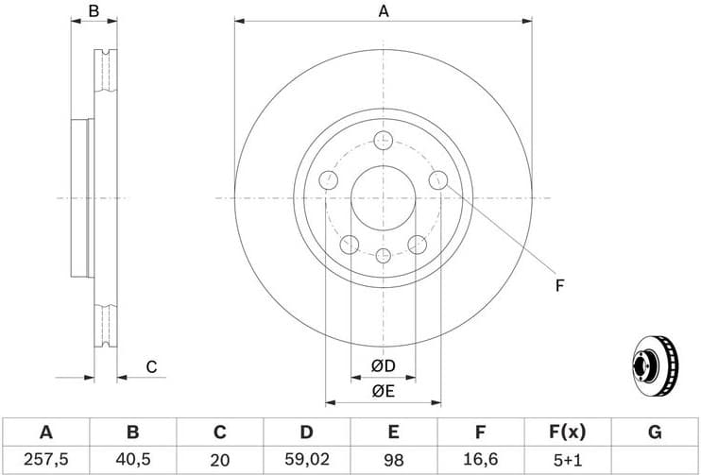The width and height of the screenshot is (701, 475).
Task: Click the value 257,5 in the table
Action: [x=45, y=460]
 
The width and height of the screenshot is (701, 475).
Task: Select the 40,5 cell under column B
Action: [x=132, y=460]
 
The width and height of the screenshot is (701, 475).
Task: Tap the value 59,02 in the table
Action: [x=306, y=460]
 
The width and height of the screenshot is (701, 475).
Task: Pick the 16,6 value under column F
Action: [x=480, y=460]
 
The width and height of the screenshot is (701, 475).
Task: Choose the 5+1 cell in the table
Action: [x=567, y=460]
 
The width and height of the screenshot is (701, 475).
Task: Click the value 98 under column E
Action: [x=393, y=460]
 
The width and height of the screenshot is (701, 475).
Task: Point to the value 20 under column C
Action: [x=219, y=460]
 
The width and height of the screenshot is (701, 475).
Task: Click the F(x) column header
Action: [x=567, y=433]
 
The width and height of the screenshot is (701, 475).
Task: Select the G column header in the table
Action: [x=654, y=433]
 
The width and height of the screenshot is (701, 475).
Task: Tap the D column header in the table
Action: [x=306, y=433]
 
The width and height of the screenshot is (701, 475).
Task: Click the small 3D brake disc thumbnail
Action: [x=654, y=364]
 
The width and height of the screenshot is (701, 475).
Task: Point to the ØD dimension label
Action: [x=383, y=365]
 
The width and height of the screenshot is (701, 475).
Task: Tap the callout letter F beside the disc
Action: [x=559, y=285]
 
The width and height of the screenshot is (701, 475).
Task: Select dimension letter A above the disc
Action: [x=384, y=11]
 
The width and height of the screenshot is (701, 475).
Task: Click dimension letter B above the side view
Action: [x=94, y=11]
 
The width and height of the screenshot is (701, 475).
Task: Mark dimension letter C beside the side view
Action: [x=150, y=366]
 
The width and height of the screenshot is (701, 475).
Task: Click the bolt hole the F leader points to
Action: [x=437, y=179]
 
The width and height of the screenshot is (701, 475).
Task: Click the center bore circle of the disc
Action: [x=383, y=197]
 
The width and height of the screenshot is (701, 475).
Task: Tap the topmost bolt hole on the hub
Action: [x=383, y=141]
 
